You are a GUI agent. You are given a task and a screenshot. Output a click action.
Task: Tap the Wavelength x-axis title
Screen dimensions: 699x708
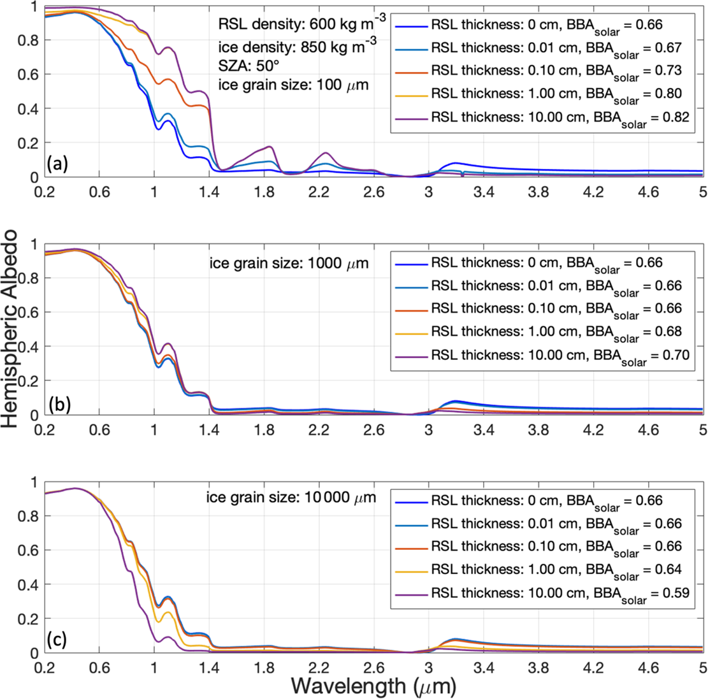[x=373, y=685]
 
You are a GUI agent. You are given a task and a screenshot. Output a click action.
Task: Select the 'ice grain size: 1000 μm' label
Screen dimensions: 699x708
[x=289, y=263]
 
